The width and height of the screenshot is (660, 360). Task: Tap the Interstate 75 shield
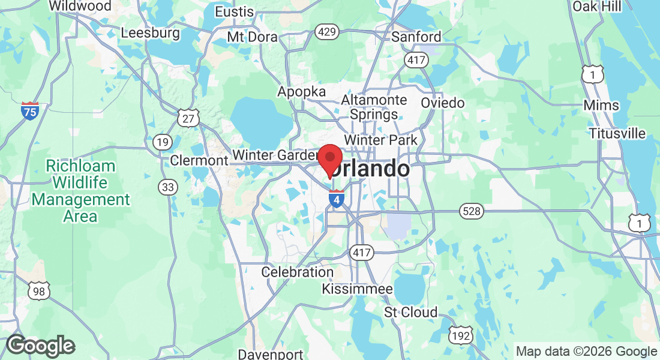29,110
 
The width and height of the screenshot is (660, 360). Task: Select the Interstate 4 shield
337,199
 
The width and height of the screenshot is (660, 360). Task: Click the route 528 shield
472,211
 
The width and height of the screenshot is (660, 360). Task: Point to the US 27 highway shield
188,118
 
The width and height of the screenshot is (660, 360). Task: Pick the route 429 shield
328,32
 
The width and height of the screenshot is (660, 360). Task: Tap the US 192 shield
461,336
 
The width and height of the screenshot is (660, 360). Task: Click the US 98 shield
38,291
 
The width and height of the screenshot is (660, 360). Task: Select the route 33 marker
169,187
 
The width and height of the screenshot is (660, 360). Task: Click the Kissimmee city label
357,289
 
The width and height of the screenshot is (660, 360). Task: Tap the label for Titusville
617,133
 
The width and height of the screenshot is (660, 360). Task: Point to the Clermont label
199,160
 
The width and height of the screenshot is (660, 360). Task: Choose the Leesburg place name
150,32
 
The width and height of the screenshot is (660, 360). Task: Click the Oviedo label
442,103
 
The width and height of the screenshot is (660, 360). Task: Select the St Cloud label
411,313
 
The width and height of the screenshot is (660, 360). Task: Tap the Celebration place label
297,272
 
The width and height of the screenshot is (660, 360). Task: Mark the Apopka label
301,92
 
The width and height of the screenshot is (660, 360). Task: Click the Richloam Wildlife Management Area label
80,191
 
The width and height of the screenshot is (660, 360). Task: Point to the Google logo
40,346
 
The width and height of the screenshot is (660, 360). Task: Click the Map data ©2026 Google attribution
586,352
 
